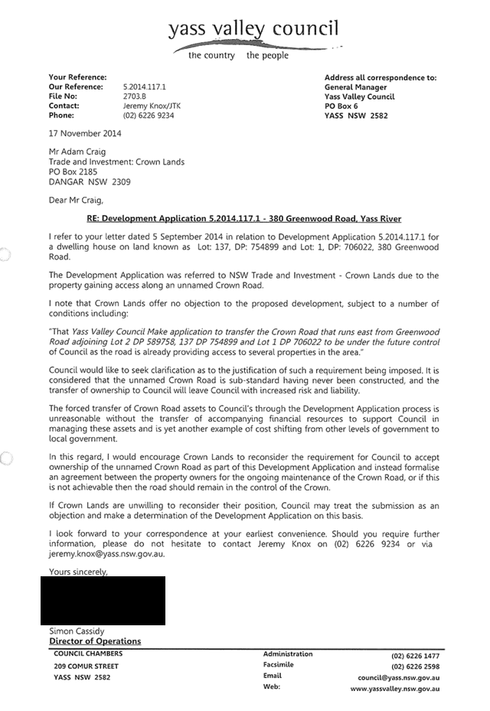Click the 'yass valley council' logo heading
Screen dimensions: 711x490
tap(253, 29)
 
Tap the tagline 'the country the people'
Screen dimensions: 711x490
tap(238, 56)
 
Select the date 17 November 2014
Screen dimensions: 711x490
tap(84, 133)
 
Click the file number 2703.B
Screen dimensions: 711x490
tap(136, 96)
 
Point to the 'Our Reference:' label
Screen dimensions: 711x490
tap(75, 87)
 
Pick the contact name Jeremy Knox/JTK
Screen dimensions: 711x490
tap(152, 106)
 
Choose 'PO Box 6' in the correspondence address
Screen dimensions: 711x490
tap(341, 106)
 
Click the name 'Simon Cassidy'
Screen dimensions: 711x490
tap(77, 631)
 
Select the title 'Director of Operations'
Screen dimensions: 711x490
tap(95, 641)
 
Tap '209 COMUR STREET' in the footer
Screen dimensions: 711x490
tap(86, 666)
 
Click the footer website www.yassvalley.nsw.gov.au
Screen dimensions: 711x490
tap(395, 689)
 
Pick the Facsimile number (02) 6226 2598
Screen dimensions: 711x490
tap(415, 666)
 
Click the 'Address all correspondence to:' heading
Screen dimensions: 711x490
tap(381, 77)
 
